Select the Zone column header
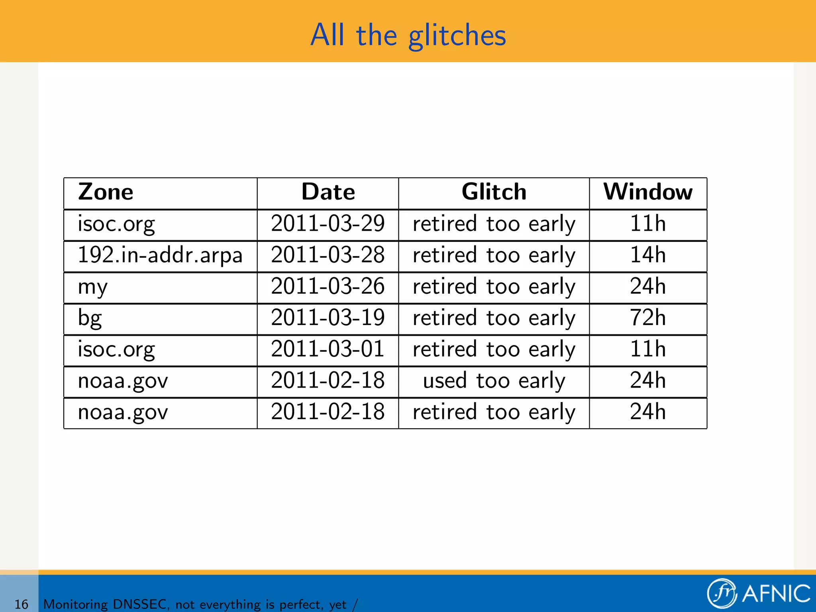(x=106, y=192)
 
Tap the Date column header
(x=328, y=192)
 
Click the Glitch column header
(x=494, y=192)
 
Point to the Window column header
(x=648, y=192)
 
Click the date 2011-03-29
(x=328, y=224)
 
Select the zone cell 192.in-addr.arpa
(x=160, y=255)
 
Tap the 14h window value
(x=648, y=255)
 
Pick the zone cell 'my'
(x=93, y=287)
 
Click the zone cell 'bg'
(x=90, y=318)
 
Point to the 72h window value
(x=648, y=318)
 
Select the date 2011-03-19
(x=328, y=318)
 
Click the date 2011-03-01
(x=328, y=349)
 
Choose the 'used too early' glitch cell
(x=494, y=381)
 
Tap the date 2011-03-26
(x=328, y=286)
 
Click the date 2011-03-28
(x=328, y=255)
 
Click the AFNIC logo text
(x=776, y=594)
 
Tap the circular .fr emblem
(x=722, y=593)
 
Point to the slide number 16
(x=21, y=604)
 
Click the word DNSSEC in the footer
(x=139, y=604)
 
